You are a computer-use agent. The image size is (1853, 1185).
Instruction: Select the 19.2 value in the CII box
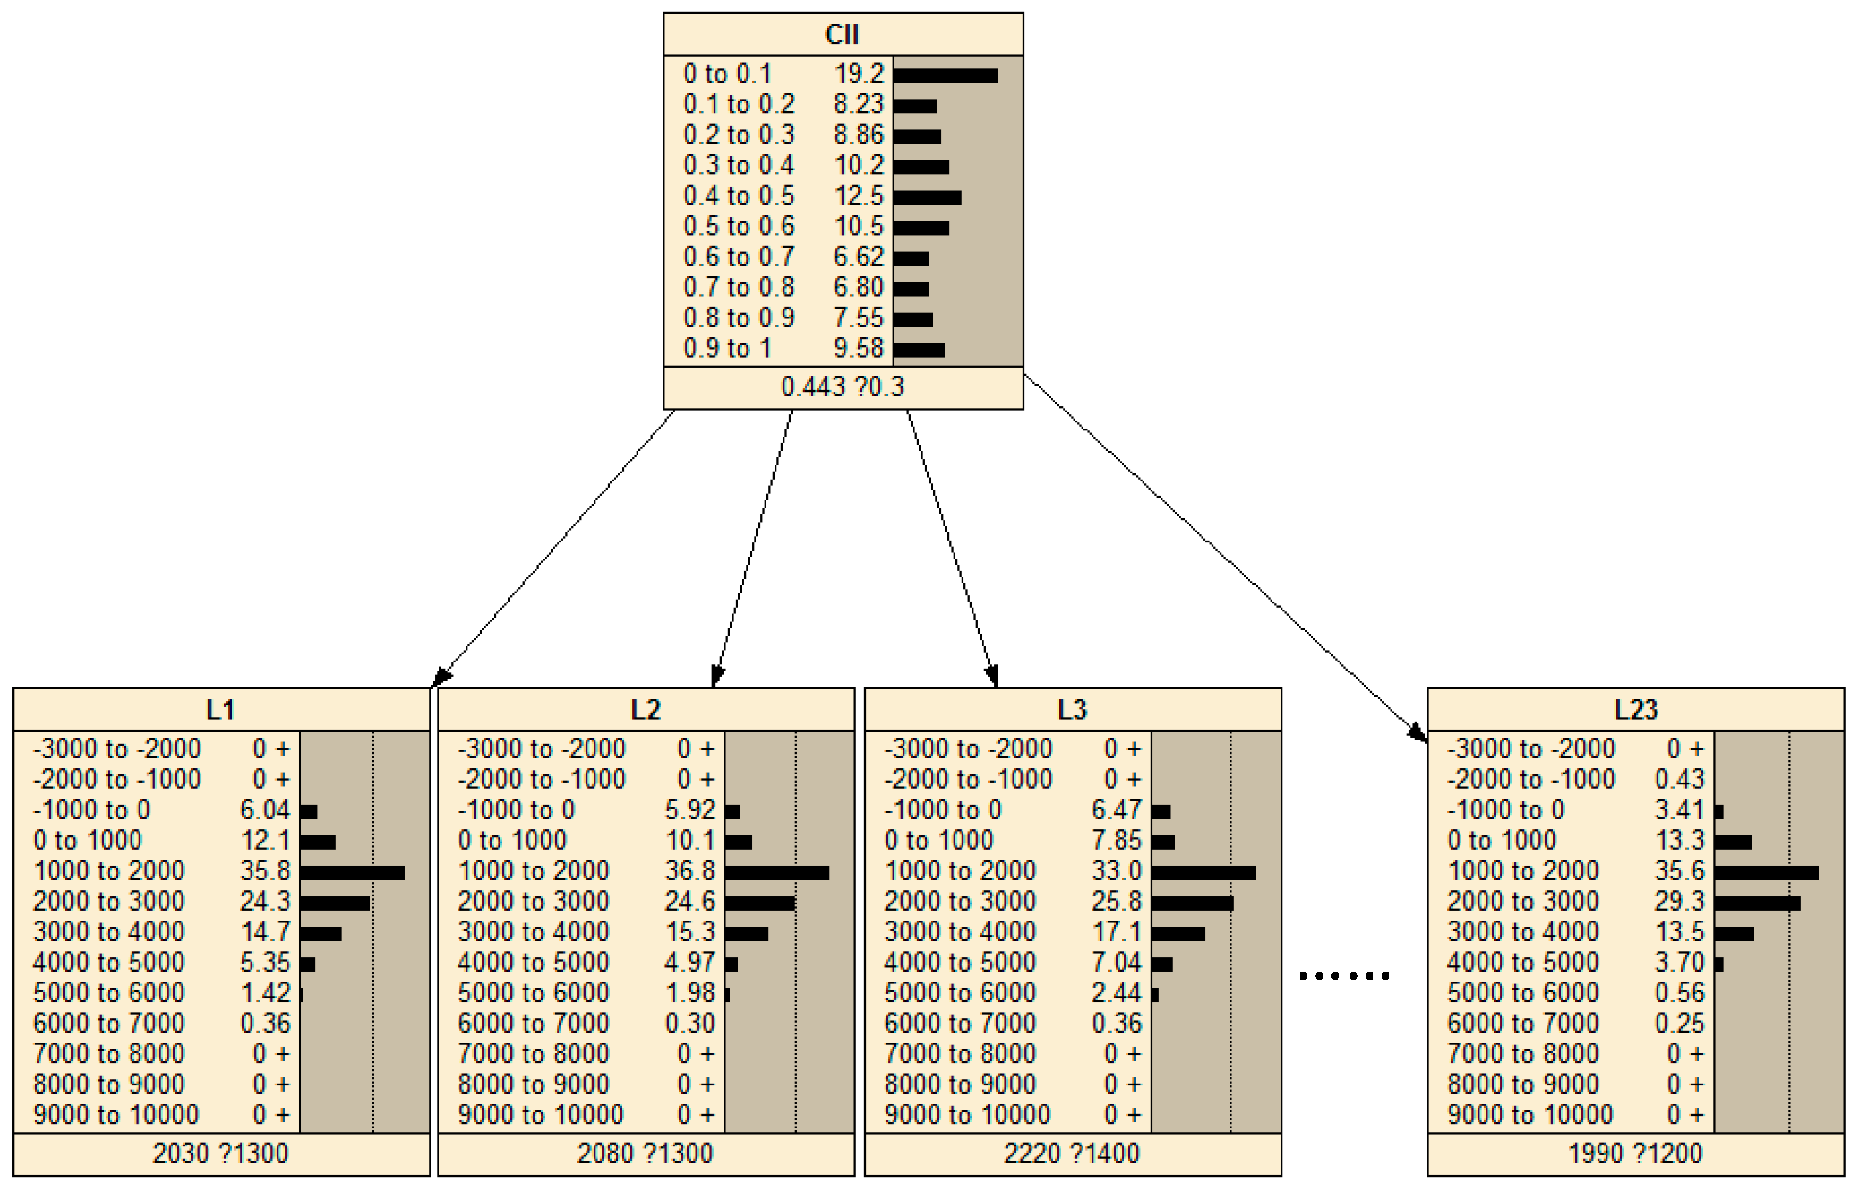tap(859, 74)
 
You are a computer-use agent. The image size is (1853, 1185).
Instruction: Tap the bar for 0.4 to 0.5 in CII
tap(927, 198)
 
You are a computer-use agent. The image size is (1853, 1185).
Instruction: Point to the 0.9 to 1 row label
tap(727, 348)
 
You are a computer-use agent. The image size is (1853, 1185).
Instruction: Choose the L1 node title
tap(221, 709)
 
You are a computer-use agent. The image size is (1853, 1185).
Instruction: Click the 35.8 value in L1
tap(265, 871)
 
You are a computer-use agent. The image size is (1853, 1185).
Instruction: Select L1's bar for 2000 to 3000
tap(336, 903)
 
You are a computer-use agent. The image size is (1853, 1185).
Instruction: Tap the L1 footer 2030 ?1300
tap(220, 1153)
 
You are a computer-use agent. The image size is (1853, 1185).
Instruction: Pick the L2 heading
tap(646, 709)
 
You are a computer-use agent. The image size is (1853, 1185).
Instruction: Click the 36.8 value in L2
tap(689, 871)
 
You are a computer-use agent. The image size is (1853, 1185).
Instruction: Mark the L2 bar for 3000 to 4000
tap(747, 934)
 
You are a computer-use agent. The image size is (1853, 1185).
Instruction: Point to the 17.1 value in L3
tap(1116, 932)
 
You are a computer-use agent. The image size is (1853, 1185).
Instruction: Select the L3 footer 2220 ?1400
tap(1071, 1153)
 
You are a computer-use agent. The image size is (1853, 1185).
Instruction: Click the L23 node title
tap(1635, 709)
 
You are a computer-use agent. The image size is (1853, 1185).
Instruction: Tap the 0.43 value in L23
tap(1679, 779)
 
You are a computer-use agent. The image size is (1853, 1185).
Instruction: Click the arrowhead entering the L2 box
tap(717, 676)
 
